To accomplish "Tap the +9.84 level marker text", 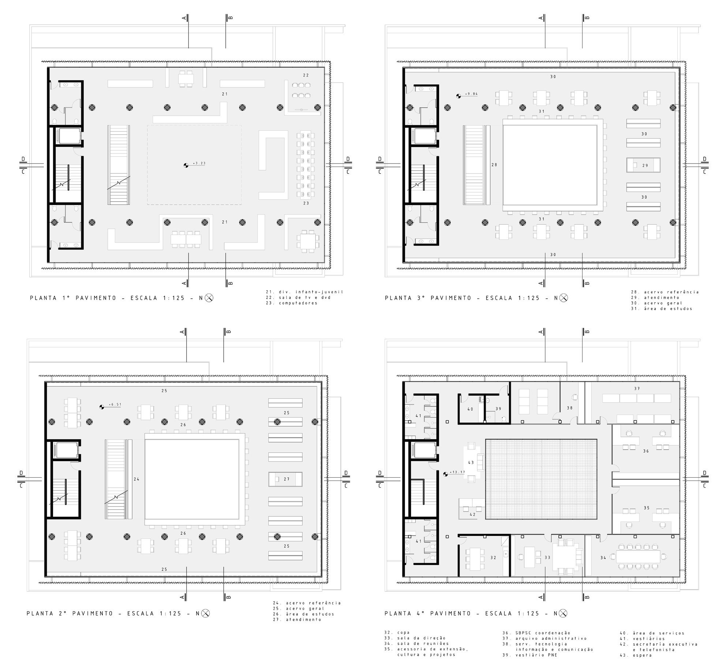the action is (x=471, y=94).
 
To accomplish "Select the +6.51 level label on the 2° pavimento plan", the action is (x=116, y=404).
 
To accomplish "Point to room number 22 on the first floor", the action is (x=306, y=75).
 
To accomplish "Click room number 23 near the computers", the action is (x=306, y=203).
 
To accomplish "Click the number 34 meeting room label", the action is (x=603, y=558).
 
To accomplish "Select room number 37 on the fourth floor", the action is (x=637, y=389).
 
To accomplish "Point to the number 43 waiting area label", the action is (x=471, y=463).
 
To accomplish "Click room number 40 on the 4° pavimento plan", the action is (x=470, y=409).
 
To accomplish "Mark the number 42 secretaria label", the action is (x=472, y=515).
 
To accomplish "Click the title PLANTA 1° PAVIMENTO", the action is (x=73, y=298).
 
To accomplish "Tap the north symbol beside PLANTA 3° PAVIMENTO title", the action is (x=564, y=298).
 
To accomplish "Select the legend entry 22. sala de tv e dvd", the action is (x=298, y=298).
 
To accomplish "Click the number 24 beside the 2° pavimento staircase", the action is (x=136, y=479).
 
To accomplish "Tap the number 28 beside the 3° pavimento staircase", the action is (x=494, y=165).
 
